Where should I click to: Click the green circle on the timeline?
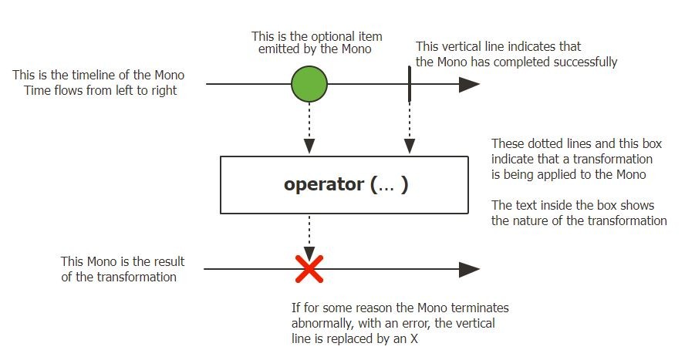pos(309,83)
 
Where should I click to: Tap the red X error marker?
pos(309,269)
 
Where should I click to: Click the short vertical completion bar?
pos(410,83)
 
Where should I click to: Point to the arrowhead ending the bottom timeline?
pos(469,269)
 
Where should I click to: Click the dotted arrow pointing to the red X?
pos(309,235)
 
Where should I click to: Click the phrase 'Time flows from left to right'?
pos(95,90)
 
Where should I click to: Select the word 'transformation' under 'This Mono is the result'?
pos(137,277)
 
